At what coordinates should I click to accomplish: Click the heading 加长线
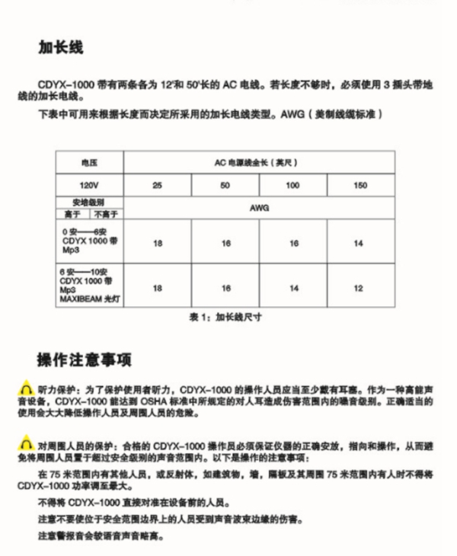(x=61, y=47)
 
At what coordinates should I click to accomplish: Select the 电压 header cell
(x=89, y=162)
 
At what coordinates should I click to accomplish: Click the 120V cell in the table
(x=89, y=185)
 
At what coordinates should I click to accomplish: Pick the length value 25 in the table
(x=157, y=185)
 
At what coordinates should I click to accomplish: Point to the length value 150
(x=360, y=185)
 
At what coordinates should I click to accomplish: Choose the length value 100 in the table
(x=292, y=185)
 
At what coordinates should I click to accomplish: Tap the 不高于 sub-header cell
(x=106, y=214)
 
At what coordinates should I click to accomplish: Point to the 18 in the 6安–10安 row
(x=157, y=289)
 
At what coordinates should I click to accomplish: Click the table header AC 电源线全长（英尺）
(x=259, y=162)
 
